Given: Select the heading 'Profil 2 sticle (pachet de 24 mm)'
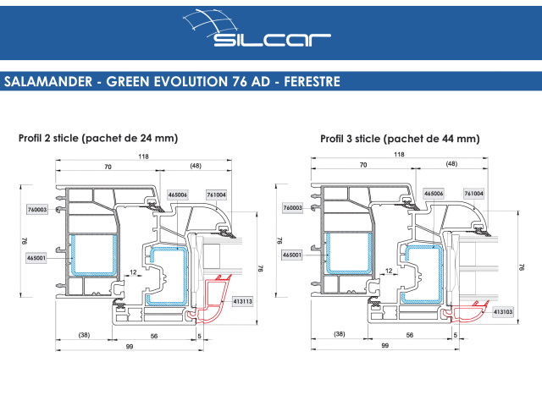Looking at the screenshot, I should point(97,138).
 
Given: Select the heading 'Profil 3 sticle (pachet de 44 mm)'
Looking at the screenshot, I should point(400,138).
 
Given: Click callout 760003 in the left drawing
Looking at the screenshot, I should point(37,208).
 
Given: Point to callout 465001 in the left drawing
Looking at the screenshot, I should point(37,256).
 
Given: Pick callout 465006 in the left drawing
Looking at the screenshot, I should point(178,195).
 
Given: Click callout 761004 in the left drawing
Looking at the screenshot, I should point(217,195).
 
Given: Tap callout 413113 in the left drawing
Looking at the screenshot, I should point(242,300).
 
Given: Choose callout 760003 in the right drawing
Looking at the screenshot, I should point(293,208).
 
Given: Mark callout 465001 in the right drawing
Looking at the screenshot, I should point(293,255).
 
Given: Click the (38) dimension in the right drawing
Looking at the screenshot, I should point(339,335).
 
